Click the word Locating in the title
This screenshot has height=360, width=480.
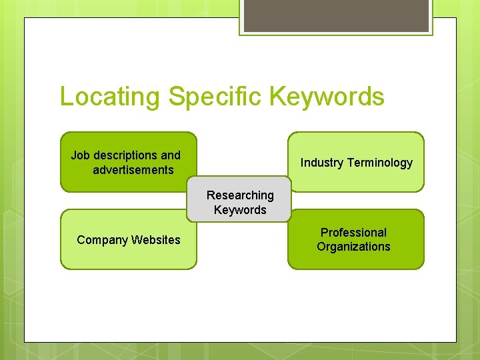pos(109,97)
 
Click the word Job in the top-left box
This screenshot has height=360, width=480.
pos(81,155)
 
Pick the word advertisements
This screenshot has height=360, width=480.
pos(133,170)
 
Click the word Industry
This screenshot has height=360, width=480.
pos(322,163)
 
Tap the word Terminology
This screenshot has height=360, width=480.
pos(380,163)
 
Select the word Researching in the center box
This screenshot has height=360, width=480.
pos(240,195)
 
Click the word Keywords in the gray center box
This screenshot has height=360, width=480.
pos(240,210)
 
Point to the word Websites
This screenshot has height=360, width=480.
pos(156,240)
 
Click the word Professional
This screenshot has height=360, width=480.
pos(353,233)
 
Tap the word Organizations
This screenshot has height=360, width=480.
pos(353,247)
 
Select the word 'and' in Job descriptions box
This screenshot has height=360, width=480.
pos(171,155)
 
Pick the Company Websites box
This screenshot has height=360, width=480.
pos(129,257)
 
